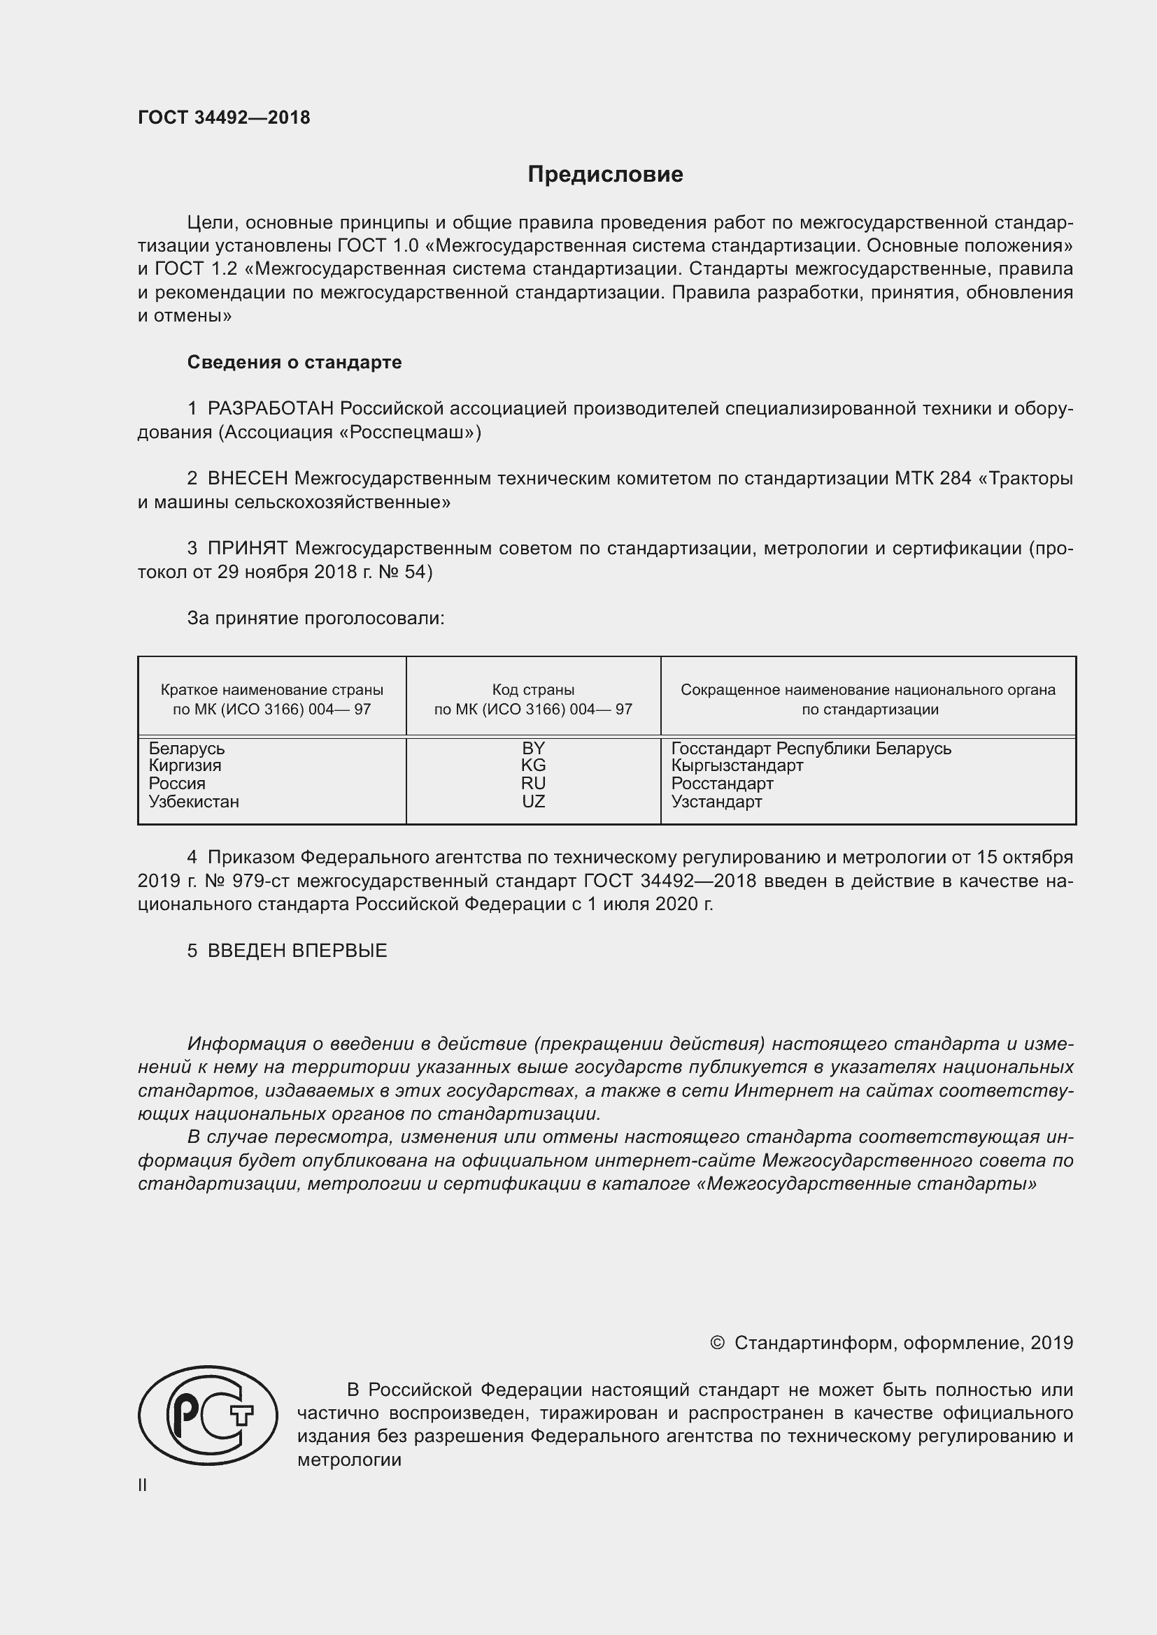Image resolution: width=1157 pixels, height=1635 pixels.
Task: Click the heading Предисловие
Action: (605, 175)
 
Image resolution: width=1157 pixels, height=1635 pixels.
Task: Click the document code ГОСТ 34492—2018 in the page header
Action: (224, 118)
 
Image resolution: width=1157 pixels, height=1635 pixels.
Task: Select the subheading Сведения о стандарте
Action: (294, 363)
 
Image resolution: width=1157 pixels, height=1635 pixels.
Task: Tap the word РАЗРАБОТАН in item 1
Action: (271, 409)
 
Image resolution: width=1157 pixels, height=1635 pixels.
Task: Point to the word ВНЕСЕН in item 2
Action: (247, 479)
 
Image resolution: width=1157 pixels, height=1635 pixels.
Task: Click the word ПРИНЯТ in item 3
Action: (247, 548)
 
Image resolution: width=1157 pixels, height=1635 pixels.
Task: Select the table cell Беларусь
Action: (187, 749)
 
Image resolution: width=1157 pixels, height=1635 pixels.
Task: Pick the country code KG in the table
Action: (533, 765)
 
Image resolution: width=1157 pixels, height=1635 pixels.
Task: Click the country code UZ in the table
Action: (533, 802)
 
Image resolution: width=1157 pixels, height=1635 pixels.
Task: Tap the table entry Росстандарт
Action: (722, 784)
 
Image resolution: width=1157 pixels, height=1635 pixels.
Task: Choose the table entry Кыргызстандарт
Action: (737, 765)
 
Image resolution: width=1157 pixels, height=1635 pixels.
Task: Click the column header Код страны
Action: (533, 689)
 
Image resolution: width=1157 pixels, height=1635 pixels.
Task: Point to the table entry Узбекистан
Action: (194, 802)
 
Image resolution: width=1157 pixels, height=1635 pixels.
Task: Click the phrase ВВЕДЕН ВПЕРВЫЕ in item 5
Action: (297, 951)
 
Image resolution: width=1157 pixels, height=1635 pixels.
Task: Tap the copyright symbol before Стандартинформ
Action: (717, 1343)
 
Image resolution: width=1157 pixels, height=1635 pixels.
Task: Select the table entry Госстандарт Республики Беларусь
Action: (811, 749)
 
